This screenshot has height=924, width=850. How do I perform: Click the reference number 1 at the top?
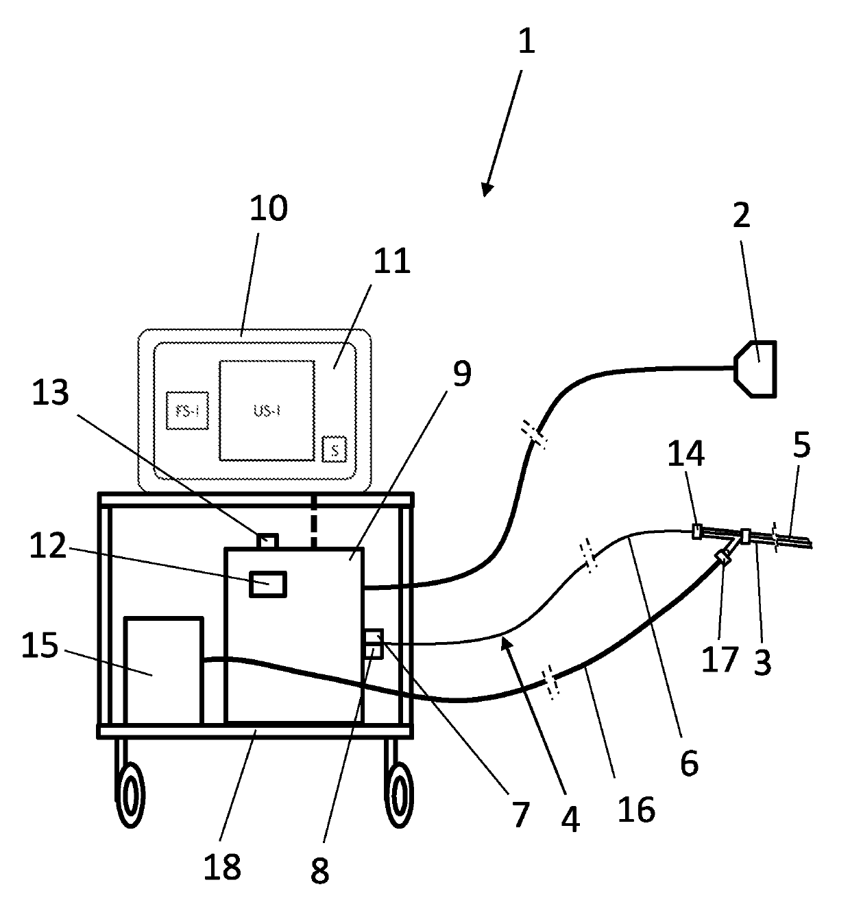(x=526, y=42)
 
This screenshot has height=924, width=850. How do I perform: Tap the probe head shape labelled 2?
(x=756, y=368)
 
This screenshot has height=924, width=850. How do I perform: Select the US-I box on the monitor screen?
(x=266, y=410)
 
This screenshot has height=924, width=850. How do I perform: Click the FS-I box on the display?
(x=187, y=411)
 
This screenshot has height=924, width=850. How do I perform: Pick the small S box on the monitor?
(x=335, y=449)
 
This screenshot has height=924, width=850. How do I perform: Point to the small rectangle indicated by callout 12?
(x=267, y=584)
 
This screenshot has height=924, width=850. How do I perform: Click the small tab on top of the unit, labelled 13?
(x=267, y=541)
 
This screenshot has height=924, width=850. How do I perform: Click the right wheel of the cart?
(x=398, y=794)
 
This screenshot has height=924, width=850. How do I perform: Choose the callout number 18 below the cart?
(x=222, y=867)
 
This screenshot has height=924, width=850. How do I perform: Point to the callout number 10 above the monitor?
(x=268, y=208)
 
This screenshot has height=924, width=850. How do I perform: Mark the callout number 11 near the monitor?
(x=391, y=261)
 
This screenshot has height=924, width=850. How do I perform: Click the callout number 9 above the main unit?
(x=461, y=374)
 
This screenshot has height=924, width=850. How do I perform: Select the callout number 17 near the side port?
(x=720, y=659)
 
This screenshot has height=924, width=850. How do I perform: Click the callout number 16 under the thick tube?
(x=636, y=809)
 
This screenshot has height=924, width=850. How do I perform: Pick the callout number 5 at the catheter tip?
(x=801, y=446)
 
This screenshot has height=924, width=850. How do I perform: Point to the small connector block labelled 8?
(x=372, y=645)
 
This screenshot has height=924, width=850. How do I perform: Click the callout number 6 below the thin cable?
(x=688, y=763)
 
